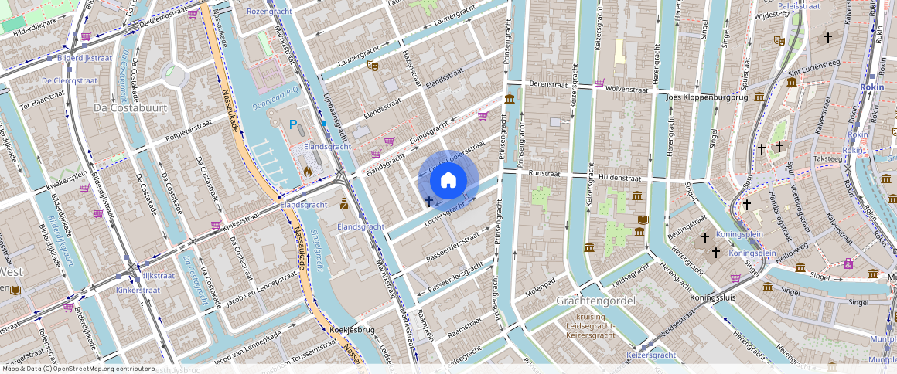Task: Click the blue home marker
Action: [x=448, y=181]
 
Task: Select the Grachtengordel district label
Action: [x=595, y=300]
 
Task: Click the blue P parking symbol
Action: [x=293, y=124]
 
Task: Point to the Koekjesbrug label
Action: [x=352, y=330]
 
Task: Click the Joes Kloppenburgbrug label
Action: [x=707, y=98]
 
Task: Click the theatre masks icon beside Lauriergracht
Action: [x=373, y=67]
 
